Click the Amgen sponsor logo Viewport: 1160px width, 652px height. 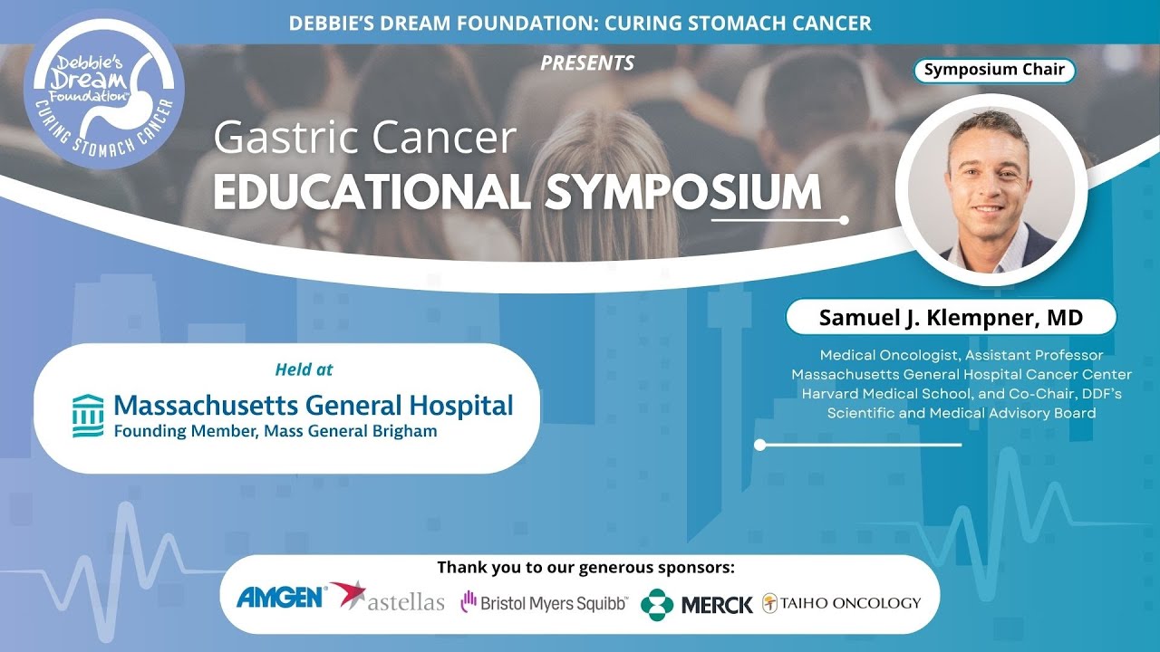pyautogui.click(x=281, y=597)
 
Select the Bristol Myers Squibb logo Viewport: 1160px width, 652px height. pyautogui.click(x=543, y=602)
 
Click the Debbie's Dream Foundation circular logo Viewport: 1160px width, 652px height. pyautogui.click(x=103, y=88)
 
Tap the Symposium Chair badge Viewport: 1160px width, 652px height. pyautogui.click(x=993, y=70)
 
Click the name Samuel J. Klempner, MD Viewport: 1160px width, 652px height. pyautogui.click(x=951, y=318)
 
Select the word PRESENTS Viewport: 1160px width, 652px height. pyautogui.click(x=587, y=63)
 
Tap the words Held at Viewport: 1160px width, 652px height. pyautogui.click(x=304, y=369)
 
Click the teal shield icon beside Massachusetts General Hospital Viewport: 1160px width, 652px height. pyautogui.click(x=88, y=416)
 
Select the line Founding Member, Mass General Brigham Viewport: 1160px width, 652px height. pyautogui.click(x=275, y=431)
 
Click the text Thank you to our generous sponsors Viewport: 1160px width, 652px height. pyautogui.click(x=585, y=568)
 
